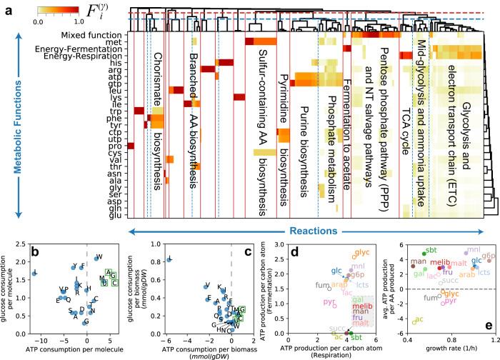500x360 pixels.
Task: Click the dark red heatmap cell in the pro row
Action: pos(130,146)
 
